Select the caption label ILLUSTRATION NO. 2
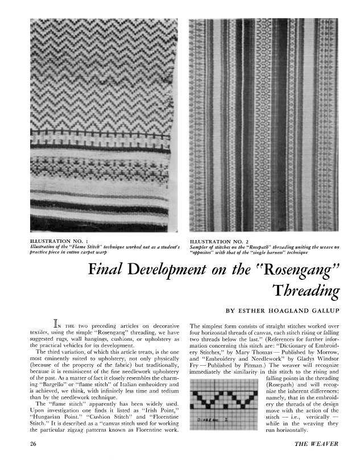[x=220, y=241]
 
